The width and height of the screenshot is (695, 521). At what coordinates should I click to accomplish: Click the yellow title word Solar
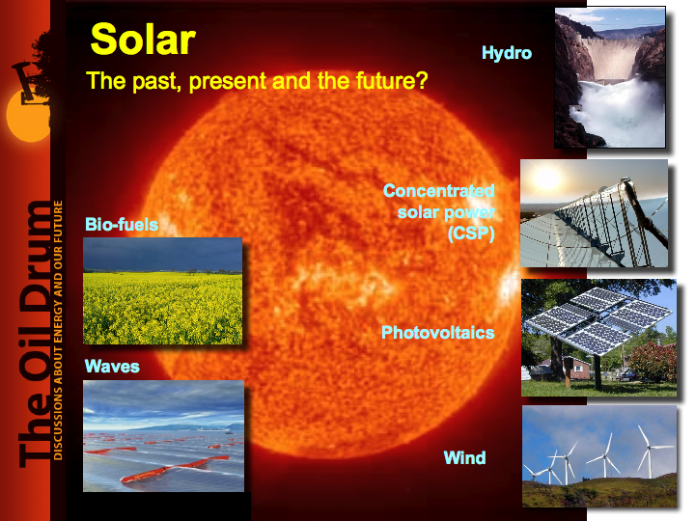(x=143, y=40)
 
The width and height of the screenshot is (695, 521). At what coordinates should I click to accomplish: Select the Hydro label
(x=507, y=54)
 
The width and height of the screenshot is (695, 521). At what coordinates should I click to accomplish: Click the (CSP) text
(x=471, y=233)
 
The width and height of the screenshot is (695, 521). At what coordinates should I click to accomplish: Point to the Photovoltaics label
(x=438, y=332)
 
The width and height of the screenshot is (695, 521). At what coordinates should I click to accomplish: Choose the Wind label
(x=464, y=457)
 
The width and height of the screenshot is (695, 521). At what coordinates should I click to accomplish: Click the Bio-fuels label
(x=122, y=224)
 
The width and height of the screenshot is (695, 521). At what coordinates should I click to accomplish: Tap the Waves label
(x=112, y=367)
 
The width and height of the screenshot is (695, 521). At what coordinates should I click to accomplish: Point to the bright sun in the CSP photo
(x=546, y=179)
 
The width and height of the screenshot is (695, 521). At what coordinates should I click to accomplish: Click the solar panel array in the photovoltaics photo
(x=598, y=319)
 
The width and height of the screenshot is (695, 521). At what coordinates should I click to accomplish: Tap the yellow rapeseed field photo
(x=163, y=290)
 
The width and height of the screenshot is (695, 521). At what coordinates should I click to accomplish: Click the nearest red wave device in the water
(x=174, y=469)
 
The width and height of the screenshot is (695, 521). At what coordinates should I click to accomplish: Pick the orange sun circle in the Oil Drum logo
(x=27, y=116)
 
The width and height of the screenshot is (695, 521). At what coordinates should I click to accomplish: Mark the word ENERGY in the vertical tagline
(x=58, y=319)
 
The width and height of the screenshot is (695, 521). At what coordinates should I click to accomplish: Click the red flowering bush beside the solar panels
(x=653, y=362)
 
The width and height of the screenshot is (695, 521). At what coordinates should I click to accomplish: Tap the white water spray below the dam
(x=620, y=111)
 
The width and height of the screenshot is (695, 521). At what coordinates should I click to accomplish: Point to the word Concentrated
(x=439, y=191)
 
